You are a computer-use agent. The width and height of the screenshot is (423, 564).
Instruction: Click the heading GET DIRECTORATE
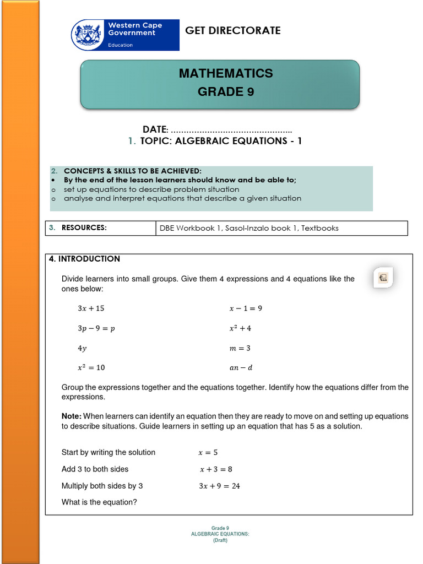tap(232, 30)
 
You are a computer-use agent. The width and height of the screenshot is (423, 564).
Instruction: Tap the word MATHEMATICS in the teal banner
tap(226, 73)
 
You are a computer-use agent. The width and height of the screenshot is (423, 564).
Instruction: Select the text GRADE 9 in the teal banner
tap(226, 92)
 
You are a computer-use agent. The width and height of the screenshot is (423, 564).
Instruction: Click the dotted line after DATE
tap(231, 129)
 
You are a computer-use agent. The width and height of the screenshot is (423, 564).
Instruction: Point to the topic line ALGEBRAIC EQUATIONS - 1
tap(221, 141)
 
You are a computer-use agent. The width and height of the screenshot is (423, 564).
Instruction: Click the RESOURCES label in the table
tap(84, 227)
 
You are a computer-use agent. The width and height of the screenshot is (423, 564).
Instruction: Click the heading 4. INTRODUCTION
tap(84, 259)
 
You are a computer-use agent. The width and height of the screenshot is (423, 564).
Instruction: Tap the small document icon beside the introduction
tap(383, 278)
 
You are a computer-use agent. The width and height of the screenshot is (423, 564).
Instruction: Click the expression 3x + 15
tap(91, 308)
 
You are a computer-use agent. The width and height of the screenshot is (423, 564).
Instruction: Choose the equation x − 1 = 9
tap(246, 308)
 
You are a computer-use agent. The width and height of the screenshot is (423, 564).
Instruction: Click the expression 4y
tap(82, 348)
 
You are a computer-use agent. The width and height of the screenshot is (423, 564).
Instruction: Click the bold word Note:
tap(71, 416)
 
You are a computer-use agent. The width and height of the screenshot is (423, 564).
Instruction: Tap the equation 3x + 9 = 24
tap(219, 486)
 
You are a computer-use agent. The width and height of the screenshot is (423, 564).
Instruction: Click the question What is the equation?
tap(99, 502)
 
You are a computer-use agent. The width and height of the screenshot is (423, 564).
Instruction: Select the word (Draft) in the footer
tap(220, 540)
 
